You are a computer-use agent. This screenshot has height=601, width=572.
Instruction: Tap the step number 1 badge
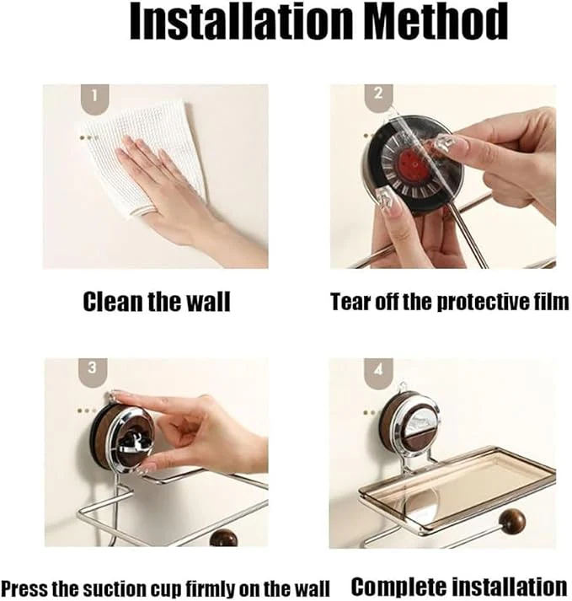point(94,99)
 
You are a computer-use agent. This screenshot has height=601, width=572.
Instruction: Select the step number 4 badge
point(378,373)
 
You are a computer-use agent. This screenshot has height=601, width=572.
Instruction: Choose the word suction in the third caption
point(111,588)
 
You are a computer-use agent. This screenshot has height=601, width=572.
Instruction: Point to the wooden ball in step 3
point(224,538)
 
